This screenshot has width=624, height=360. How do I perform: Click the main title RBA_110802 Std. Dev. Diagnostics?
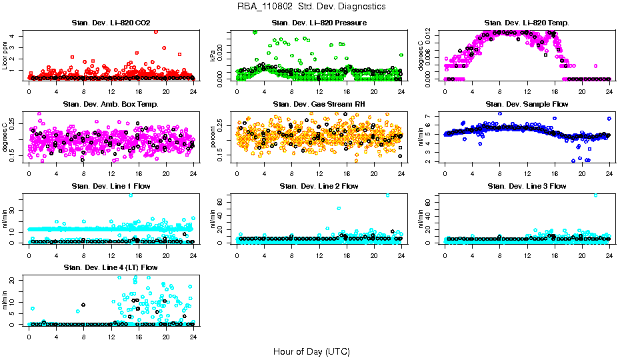(311, 7)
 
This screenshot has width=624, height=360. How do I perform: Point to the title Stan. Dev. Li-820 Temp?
(526, 23)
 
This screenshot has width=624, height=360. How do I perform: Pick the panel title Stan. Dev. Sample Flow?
(526, 105)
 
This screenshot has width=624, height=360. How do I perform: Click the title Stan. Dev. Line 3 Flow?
(526, 186)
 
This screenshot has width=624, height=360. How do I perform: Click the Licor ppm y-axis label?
(5, 55)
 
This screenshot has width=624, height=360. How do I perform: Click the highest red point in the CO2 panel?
(155, 31)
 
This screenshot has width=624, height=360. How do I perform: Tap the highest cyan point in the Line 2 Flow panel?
(387, 195)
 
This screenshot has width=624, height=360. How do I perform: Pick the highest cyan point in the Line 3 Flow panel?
(595, 195)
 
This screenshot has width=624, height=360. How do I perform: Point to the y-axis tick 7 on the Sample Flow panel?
(431, 116)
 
